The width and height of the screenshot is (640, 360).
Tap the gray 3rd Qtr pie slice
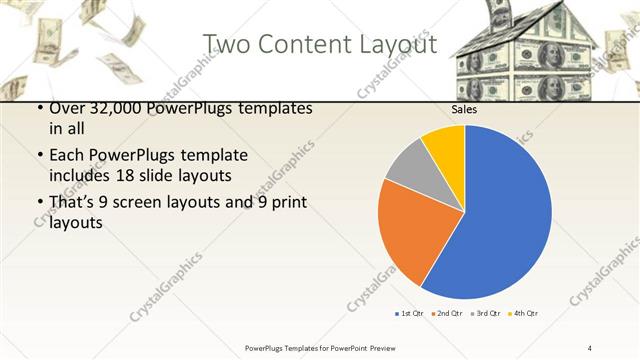[x=410, y=166]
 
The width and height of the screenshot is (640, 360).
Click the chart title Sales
[x=463, y=110]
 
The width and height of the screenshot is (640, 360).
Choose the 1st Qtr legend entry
[x=409, y=314]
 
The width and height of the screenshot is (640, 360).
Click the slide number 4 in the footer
[x=590, y=347]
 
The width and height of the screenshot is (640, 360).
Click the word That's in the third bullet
[x=74, y=202]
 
